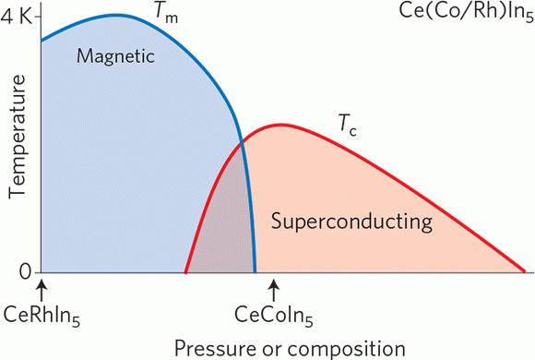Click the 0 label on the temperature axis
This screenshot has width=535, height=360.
25,271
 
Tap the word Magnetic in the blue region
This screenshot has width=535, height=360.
113,56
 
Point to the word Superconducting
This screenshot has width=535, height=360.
351,222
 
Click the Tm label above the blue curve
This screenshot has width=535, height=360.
166,13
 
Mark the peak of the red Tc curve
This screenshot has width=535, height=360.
278,125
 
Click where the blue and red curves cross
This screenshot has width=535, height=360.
242,140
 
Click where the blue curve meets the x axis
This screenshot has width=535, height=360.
256,272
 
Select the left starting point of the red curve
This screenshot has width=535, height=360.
186,272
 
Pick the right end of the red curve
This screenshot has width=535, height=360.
523,272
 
